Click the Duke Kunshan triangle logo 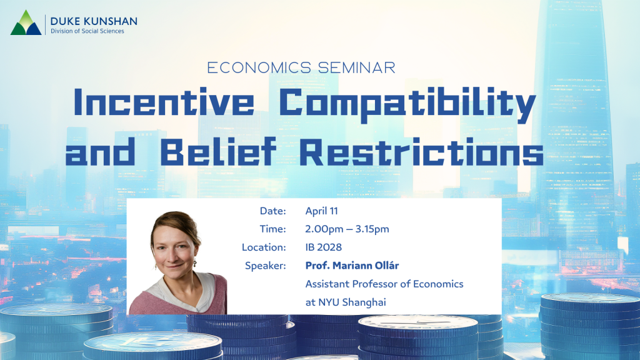click(x=26, y=22)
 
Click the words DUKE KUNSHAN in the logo click(x=94, y=21)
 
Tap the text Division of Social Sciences click(x=87, y=31)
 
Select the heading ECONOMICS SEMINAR click(x=301, y=67)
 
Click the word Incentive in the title click(x=164, y=102)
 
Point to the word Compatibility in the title click(x=407, y=104)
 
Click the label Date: click(x=273, y=211)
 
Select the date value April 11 click(x=322, y=211)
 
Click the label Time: click(x=273, y=229)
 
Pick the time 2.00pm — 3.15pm click(x=347, y=229)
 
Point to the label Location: click(x=264, y=247)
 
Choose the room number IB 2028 click(x=324, y=247)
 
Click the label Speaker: click(x=265, y=266)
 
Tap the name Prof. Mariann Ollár click(x=352, y=265)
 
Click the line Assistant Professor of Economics click(x=384, y=284)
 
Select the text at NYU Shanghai click(x=346, y=302)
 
